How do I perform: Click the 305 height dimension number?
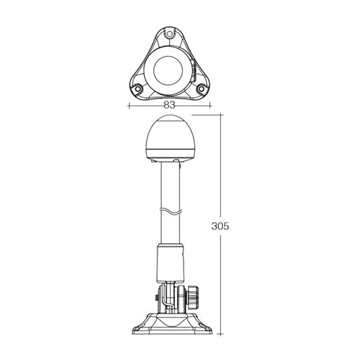pyautogui.click(x=220, y=226)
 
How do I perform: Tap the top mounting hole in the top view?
pyautogui.click(x=170, y=32)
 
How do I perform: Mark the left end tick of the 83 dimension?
pyautogui.click(x=129, y=105)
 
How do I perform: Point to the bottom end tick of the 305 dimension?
pyautogui.click(x=221, y=333)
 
